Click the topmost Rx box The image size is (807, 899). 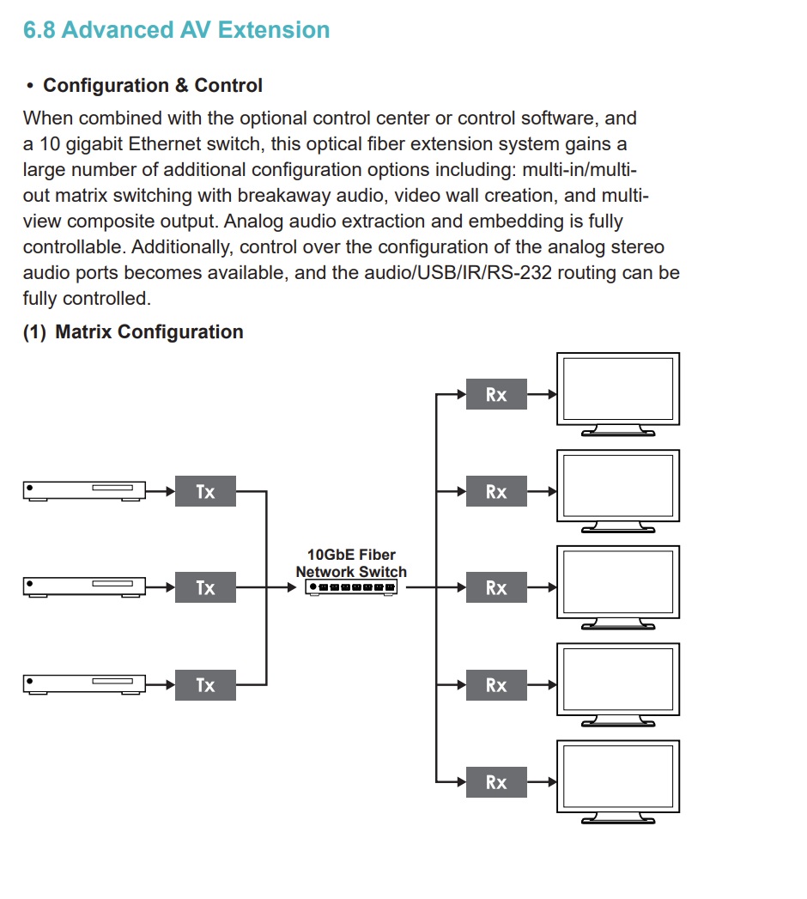pos(496,395)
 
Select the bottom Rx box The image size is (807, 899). pos(496,782)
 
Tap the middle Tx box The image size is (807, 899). pos(205,588)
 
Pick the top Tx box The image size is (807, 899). pos(205,492)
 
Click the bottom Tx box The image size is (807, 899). pos(205,685)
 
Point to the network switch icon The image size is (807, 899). pos(351,587)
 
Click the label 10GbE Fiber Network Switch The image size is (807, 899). pos(351,563)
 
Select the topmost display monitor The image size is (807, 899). pos(618,390)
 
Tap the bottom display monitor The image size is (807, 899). pos(618,776)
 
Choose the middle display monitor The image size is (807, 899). pos(618,583)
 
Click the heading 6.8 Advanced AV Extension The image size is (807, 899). pos(177,30)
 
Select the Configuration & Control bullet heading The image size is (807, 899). pos(153,86)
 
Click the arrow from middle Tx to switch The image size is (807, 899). pos(283,587)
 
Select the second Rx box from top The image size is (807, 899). pos(496,492)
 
